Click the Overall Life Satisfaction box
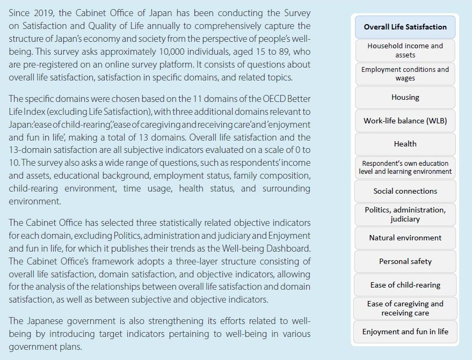click(405, 27)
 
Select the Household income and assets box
click(405, 50)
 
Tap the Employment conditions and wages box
click(405, 74)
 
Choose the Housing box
click(405, 97)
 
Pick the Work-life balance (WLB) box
click(405, 121)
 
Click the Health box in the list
click(405, 144)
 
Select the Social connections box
click(405, 191)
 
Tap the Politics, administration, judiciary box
click(405, 214)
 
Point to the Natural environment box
click(405, 238)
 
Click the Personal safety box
click(405, 261)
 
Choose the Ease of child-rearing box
click(405, 285)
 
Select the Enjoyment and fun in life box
click(405, 332)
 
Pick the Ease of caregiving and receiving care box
click(405, 308)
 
